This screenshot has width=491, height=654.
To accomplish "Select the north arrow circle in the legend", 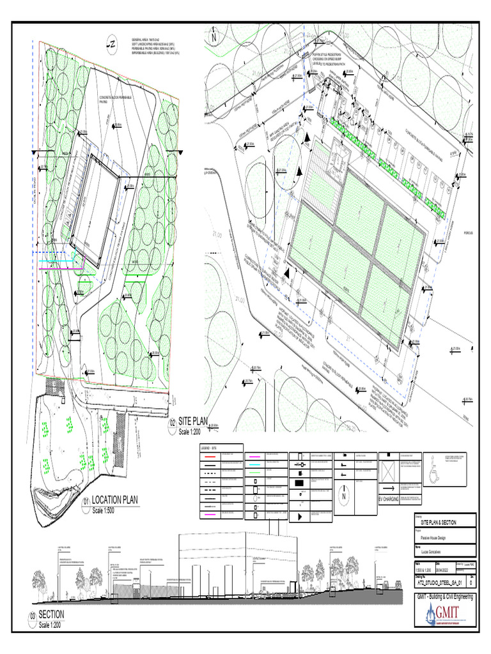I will click(344, 496).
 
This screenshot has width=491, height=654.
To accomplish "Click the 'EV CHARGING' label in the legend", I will click(389, 498).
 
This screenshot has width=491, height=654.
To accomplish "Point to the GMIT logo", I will click(445, 616).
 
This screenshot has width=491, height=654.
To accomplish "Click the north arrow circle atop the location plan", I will click(112, 44).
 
